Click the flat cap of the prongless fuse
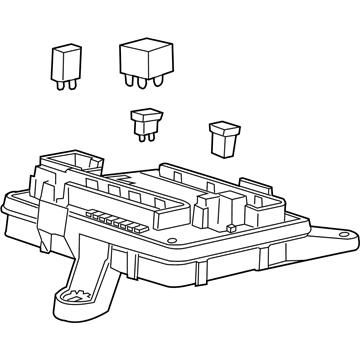point(222,128)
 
